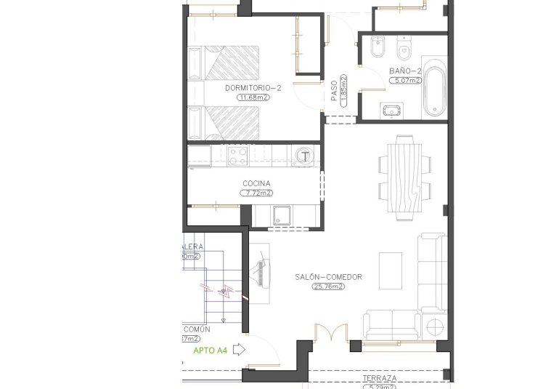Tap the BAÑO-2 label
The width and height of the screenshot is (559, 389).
(x=404, y=71)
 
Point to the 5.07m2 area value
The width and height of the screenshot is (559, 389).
(x=405, y=81)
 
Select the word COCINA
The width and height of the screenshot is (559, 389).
(x=256, y=183)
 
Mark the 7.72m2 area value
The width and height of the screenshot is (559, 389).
(x=256, y=193)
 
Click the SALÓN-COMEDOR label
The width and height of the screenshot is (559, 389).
(x=328, y=277)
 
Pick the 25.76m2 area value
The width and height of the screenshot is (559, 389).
(x=328, y=287)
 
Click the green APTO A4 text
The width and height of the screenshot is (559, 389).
(x=211, y=350)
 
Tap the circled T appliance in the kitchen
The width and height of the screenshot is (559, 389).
(x=306, y=156)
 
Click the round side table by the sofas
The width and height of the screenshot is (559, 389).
(x=435, y=327)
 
